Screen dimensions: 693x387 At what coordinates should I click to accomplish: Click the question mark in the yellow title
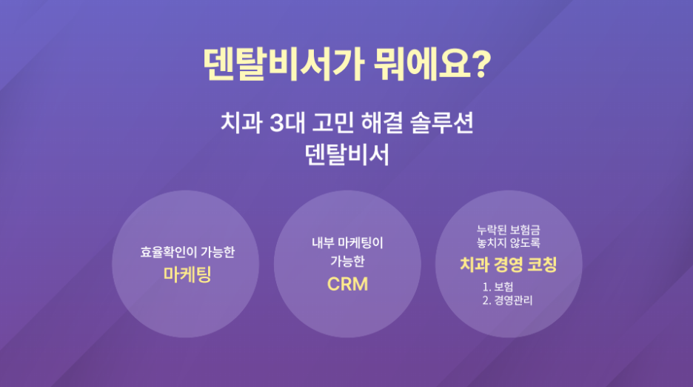481,64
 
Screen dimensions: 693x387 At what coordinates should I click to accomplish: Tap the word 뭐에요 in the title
421,64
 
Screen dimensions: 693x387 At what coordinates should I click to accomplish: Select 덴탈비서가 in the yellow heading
284,64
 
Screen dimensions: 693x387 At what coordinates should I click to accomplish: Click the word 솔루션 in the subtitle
442,122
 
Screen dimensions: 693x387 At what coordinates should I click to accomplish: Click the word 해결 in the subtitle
382,122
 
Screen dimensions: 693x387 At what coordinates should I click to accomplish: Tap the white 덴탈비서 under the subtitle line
347,155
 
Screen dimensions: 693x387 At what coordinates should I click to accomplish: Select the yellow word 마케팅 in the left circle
187,274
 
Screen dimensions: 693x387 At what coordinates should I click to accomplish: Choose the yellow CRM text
347,284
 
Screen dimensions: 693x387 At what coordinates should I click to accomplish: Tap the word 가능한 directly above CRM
347,261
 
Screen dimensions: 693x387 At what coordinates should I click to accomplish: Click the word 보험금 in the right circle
525,230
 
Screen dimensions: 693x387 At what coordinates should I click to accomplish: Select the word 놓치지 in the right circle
491,242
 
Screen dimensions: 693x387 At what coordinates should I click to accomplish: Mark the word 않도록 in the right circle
525,242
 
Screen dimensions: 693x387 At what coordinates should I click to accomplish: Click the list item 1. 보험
498,287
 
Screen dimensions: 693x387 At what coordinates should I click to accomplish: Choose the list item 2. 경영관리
507,300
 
